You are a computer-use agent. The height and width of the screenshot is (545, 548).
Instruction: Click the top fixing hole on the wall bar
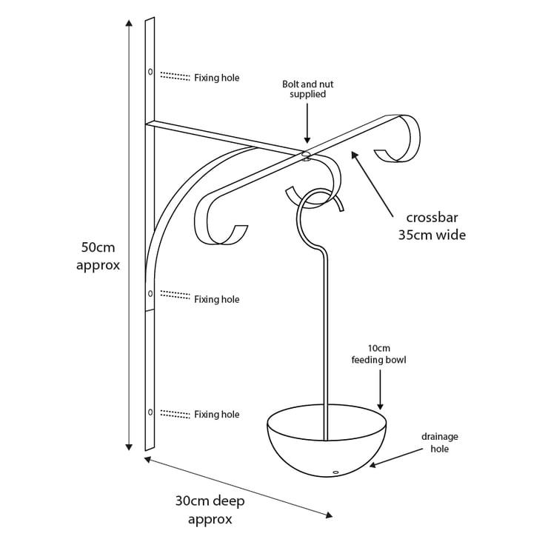150,72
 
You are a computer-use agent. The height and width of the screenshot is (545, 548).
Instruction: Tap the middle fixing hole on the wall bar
150,294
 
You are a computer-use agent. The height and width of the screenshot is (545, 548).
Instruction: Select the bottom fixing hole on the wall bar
150,411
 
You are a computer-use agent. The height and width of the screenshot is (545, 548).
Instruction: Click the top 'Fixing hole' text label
216,78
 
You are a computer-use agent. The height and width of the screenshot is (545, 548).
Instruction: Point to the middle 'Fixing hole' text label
216,300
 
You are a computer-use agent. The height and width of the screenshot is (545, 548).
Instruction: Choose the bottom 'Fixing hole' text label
216,415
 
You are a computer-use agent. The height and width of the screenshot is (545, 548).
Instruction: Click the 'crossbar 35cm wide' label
435,227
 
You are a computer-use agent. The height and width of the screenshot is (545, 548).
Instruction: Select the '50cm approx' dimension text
98,255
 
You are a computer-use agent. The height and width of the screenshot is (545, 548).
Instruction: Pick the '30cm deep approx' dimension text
210,510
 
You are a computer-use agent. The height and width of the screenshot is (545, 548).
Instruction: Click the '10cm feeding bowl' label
379,355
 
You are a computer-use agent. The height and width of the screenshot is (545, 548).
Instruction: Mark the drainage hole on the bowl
335,472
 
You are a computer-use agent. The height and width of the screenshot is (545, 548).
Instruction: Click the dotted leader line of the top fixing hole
175,76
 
